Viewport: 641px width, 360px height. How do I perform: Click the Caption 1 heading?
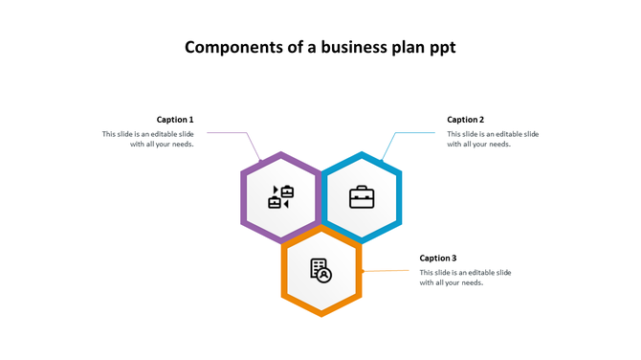point(175,120)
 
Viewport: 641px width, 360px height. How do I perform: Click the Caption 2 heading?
point(466,120)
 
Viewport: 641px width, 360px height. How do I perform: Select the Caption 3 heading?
point(438,259)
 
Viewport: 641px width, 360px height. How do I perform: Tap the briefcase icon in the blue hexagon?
point(362,198)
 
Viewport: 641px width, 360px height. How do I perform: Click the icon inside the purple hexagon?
point(280,197)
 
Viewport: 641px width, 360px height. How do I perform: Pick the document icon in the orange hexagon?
point(320,270)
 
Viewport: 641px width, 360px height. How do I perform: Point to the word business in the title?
point(355,47)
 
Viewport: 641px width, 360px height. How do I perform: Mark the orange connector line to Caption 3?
point(387,271)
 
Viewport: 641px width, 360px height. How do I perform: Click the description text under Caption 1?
point(148,139)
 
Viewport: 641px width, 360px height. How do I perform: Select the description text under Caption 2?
point(493,139)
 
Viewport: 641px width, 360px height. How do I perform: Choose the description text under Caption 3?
point(465,278)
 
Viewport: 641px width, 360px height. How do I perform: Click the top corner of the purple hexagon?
point(280,153)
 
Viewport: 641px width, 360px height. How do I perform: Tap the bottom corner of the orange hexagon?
point(321,315)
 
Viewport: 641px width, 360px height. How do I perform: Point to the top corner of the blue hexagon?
point(362,153)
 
